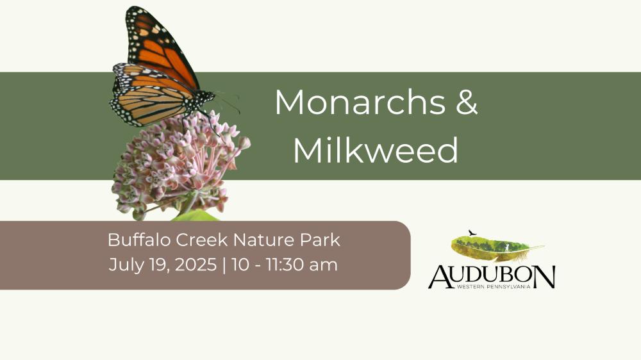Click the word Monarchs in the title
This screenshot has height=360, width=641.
point(360,102)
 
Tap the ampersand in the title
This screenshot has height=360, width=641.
point(467,102)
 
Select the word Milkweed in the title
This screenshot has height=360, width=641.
point(376,150)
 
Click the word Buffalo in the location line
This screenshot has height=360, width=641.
point(139,240)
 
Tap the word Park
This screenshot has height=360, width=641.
point(320,240)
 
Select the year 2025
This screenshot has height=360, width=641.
point(196,265)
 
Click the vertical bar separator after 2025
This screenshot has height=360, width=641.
point(224,265)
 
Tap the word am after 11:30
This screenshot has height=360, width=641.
point(323,266)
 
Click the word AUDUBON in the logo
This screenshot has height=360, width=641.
point(492,277)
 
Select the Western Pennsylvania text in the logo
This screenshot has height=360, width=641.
point(494,287)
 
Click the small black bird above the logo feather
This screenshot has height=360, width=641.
point(472,233)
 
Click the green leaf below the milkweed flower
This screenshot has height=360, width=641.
point(196,216)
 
